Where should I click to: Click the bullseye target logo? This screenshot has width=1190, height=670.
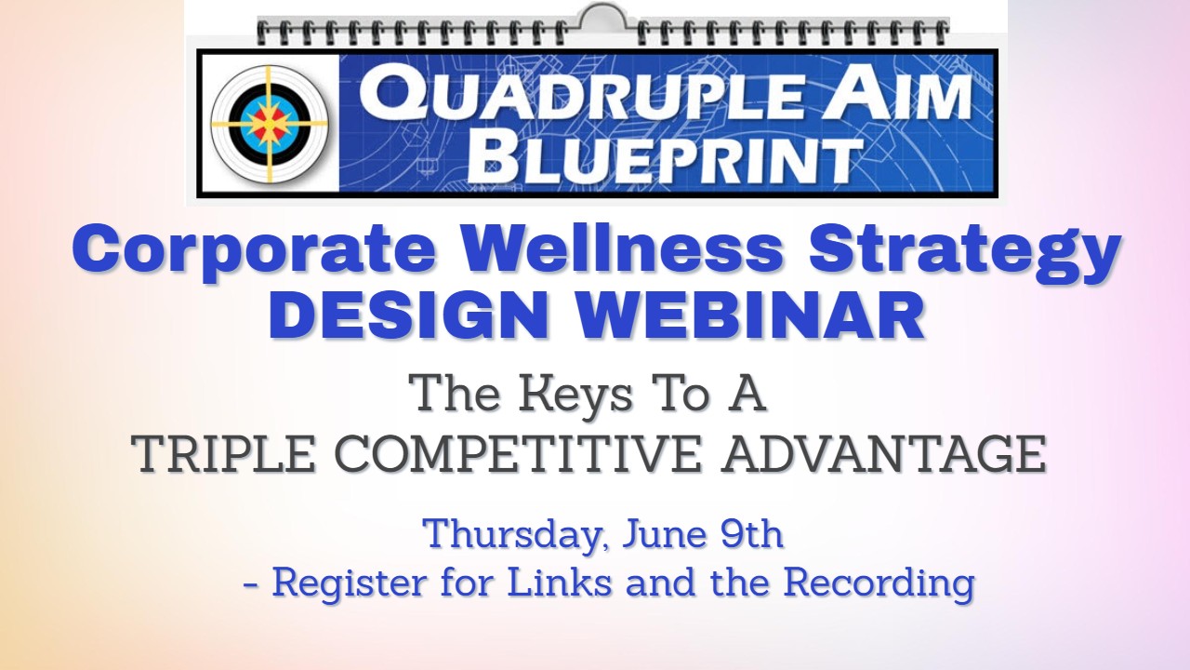tap(270, 124)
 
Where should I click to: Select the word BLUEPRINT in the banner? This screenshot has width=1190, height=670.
tap(664, 158)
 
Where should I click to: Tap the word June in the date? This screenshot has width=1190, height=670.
tap(662, 533)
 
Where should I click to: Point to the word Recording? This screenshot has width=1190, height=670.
tap(879, 583)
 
